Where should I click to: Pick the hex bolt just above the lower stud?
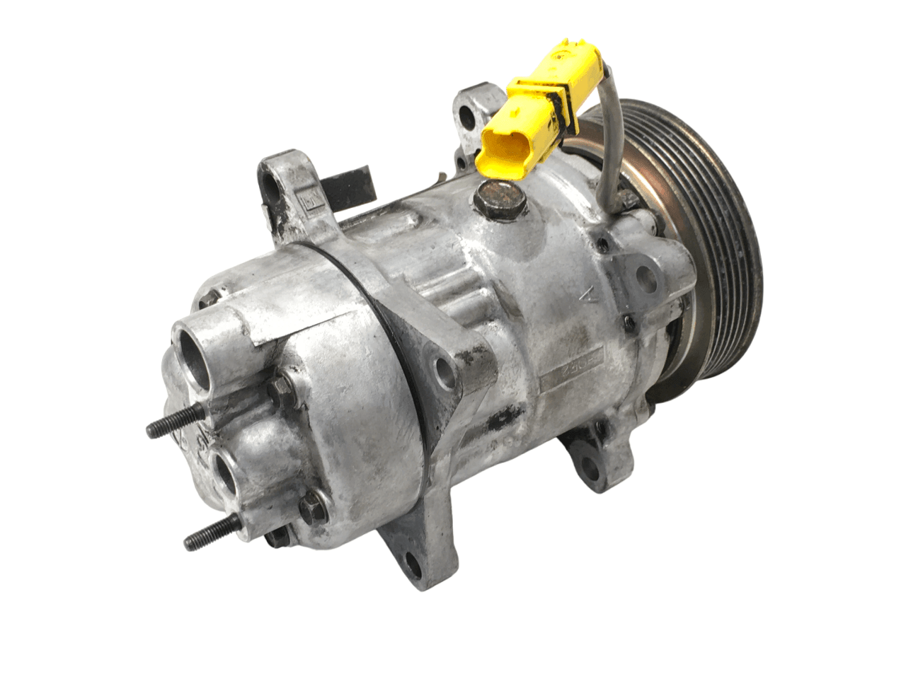coord(310,508)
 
